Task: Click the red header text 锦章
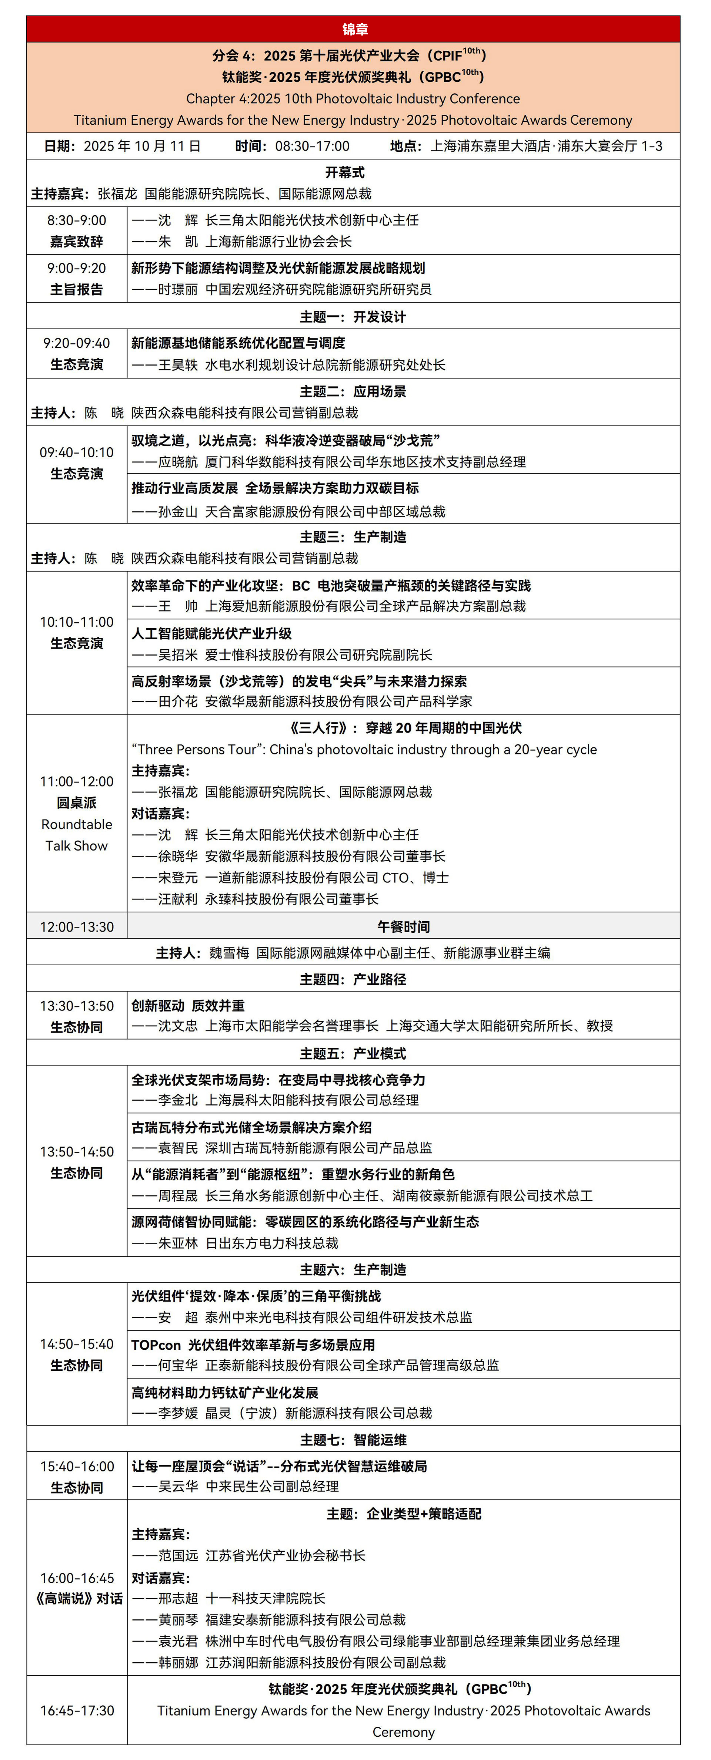coord(355,29)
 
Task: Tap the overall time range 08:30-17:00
coord(313,146)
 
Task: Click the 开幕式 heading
coord(344,172)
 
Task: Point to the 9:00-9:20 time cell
coord(77,268)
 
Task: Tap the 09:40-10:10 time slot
coord(77,452)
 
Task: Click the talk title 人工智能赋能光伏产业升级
coord(212,633)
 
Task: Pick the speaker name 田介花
coord(178,702)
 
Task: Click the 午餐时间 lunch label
coord(403,926)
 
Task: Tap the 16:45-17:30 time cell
coord(77,1711)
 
